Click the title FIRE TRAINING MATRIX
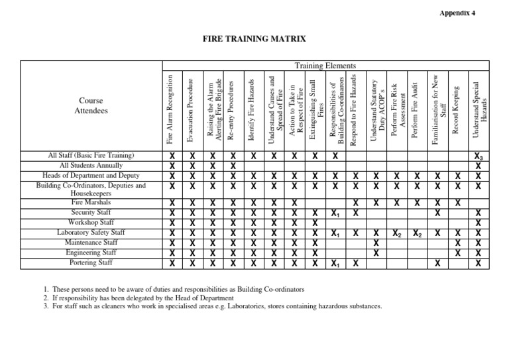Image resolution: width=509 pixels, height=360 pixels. coord(254,40)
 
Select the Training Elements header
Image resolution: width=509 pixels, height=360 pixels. coord(325,66)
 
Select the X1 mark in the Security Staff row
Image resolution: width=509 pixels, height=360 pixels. coord(336,213)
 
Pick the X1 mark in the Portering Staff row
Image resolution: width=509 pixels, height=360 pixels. coord(336,263)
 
